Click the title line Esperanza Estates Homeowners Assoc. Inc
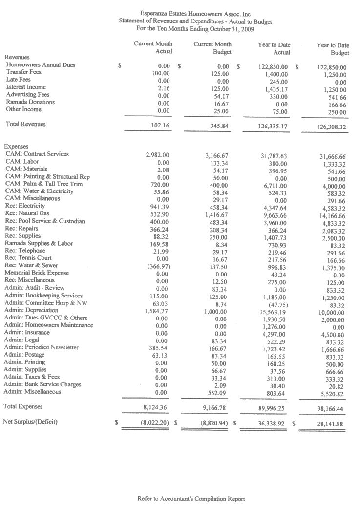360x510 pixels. (195, 15)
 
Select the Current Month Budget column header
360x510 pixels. (212, 48)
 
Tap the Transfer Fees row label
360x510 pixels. (23, 72)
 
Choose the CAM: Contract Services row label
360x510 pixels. (37, 154)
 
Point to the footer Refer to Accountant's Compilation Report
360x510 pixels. (191, 499)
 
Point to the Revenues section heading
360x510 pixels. (17, 57)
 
